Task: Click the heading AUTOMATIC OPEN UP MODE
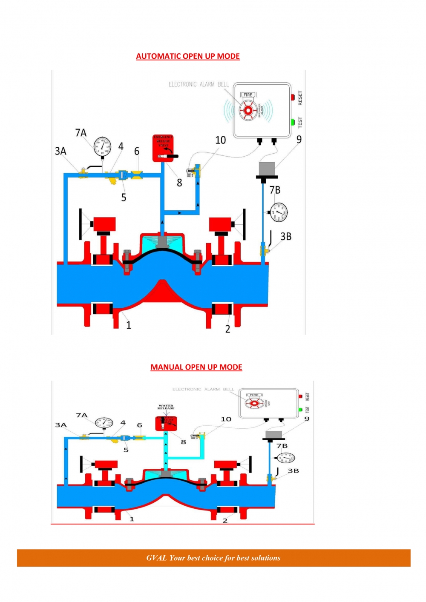coord(188,56)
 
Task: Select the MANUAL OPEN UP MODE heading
coord(196,367)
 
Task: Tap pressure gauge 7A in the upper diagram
coord(102,147)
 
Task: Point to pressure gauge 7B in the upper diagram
coord(279,212)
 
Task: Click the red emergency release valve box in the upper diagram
coord(163,148)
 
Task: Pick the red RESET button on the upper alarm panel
coord(293,97)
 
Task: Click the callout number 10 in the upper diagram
coord(220,140)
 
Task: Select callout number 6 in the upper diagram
coord(137,152)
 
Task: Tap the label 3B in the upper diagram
coord(286,236)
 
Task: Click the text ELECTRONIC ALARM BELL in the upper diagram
coord(199,84)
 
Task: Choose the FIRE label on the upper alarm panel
coord(248,95)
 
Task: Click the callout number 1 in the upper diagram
coord(129,325)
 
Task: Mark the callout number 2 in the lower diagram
coord(225,520)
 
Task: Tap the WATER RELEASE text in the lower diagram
coord(166,407)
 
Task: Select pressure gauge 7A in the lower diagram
coord(104,423)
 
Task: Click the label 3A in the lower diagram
coord(61,425)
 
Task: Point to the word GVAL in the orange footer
coord(156,558)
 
